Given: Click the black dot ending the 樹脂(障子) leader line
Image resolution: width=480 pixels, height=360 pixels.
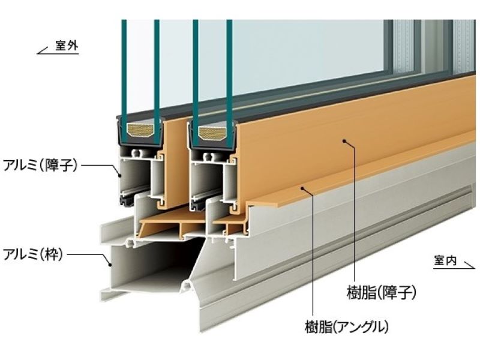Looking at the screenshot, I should tap(344, 142).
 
